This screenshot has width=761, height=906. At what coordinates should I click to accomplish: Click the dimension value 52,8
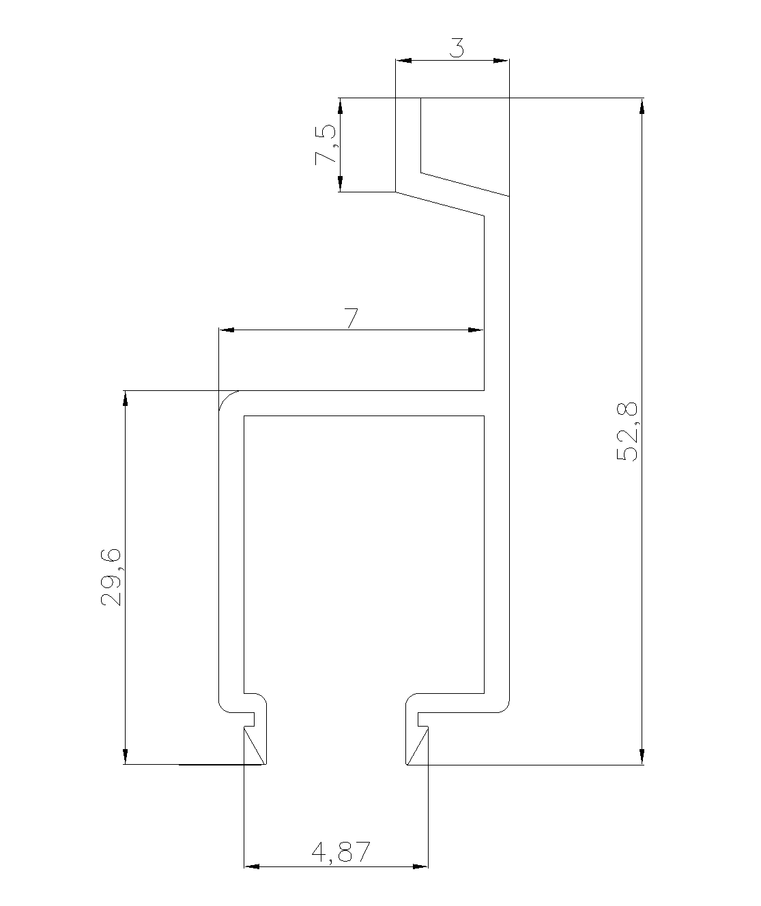[x=627, y=432]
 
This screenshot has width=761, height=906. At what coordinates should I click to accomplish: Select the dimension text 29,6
[x=111, y=577]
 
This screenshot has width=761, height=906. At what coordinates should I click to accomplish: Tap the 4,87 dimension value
[x=341, y=851]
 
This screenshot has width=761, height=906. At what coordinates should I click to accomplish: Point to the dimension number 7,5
[x=325, y=145]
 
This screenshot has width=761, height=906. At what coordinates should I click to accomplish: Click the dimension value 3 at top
[x=456, y=48]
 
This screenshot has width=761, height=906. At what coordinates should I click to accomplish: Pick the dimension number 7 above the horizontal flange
[x=351, y=318]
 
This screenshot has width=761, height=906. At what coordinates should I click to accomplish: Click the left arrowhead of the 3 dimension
[x=403, y=60]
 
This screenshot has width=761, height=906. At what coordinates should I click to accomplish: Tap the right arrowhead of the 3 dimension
[x=502, y=60]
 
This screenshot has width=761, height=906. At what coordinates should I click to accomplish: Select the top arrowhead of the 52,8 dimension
[x=642, y=106]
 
